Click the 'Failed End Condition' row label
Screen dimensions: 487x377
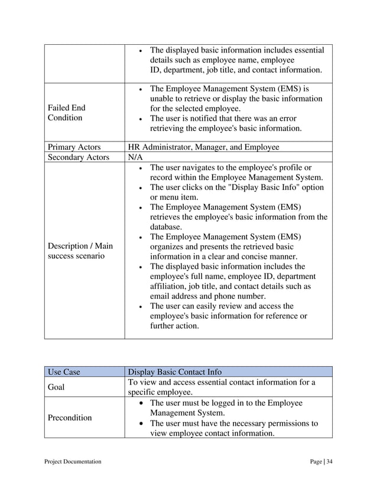[66, 113]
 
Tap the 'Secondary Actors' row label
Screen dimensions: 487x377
[77, 157]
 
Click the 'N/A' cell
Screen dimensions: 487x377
[135, 157]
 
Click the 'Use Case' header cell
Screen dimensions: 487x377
[63, 372]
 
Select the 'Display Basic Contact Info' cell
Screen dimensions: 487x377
[175, 372]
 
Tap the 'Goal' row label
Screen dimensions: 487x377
[58, 387]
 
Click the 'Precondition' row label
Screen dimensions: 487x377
[70, 417]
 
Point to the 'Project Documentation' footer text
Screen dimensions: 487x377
[73, 462]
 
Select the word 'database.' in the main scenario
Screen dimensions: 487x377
[167, 227]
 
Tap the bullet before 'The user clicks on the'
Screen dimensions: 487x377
[139, 188]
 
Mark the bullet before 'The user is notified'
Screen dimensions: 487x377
[139, 119]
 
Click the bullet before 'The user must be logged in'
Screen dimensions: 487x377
[139, 403]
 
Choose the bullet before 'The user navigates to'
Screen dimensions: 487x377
[139, 169]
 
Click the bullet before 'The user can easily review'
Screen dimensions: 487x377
[139, 307]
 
